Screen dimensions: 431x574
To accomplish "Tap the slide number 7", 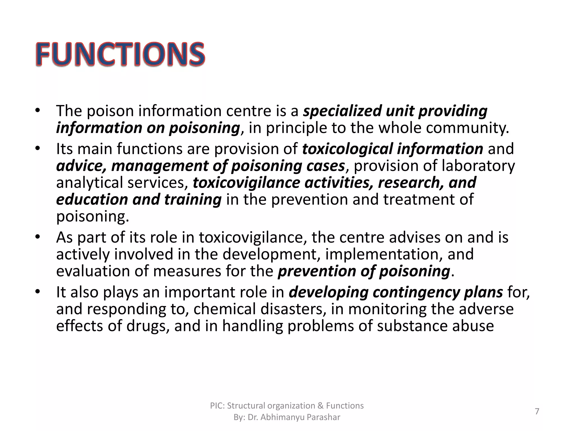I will tap(537, 411).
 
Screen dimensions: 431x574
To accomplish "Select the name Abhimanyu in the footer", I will tap(283, 417).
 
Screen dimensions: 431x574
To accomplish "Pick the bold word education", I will tap(92, 200).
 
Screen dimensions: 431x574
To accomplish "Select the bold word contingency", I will tap(416, 292).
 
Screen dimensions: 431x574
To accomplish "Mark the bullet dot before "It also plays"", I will tap(38, 292).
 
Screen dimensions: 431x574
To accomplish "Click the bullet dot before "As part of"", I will tap(38, 237).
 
